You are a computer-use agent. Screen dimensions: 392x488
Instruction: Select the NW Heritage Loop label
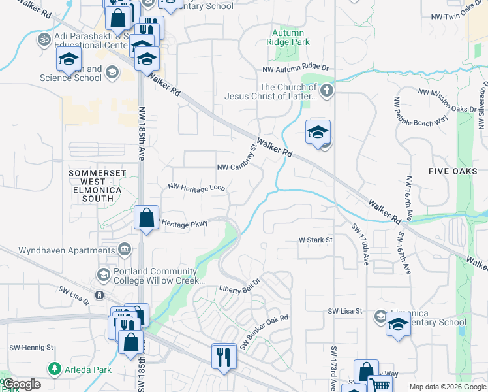point(196,188)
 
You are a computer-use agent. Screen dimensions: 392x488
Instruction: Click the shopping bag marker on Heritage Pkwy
point(146,218)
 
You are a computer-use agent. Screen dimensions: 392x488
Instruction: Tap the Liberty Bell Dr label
point(239,287)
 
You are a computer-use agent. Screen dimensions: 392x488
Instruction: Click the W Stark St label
point(316,240)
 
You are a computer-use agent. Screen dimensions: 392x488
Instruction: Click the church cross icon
point(327,91)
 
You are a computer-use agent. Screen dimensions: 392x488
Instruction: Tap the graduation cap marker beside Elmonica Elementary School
point(397,324)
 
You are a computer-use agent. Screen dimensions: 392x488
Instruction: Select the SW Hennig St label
point(31,348)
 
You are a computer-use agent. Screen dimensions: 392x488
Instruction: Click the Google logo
point(22,384)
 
